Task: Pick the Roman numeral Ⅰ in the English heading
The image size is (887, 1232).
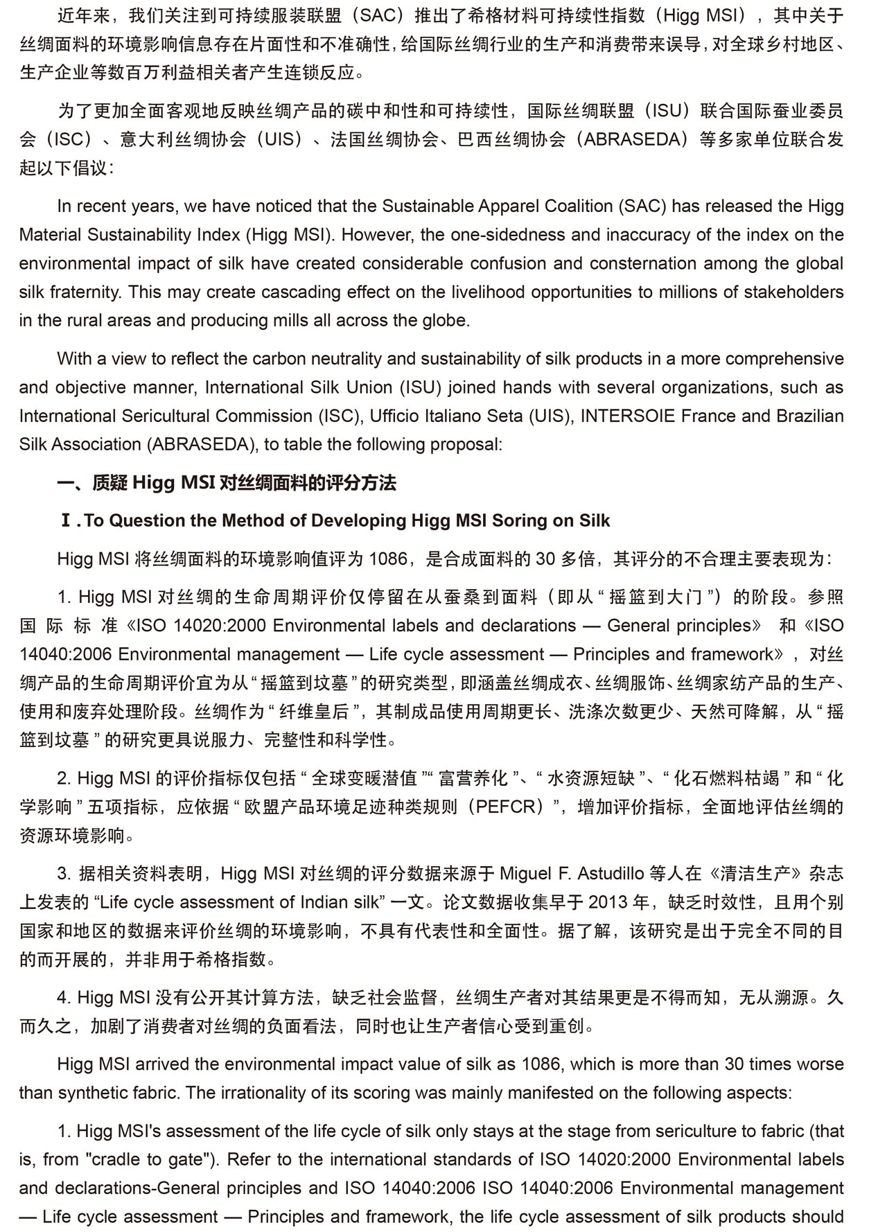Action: [x=67, y=521]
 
